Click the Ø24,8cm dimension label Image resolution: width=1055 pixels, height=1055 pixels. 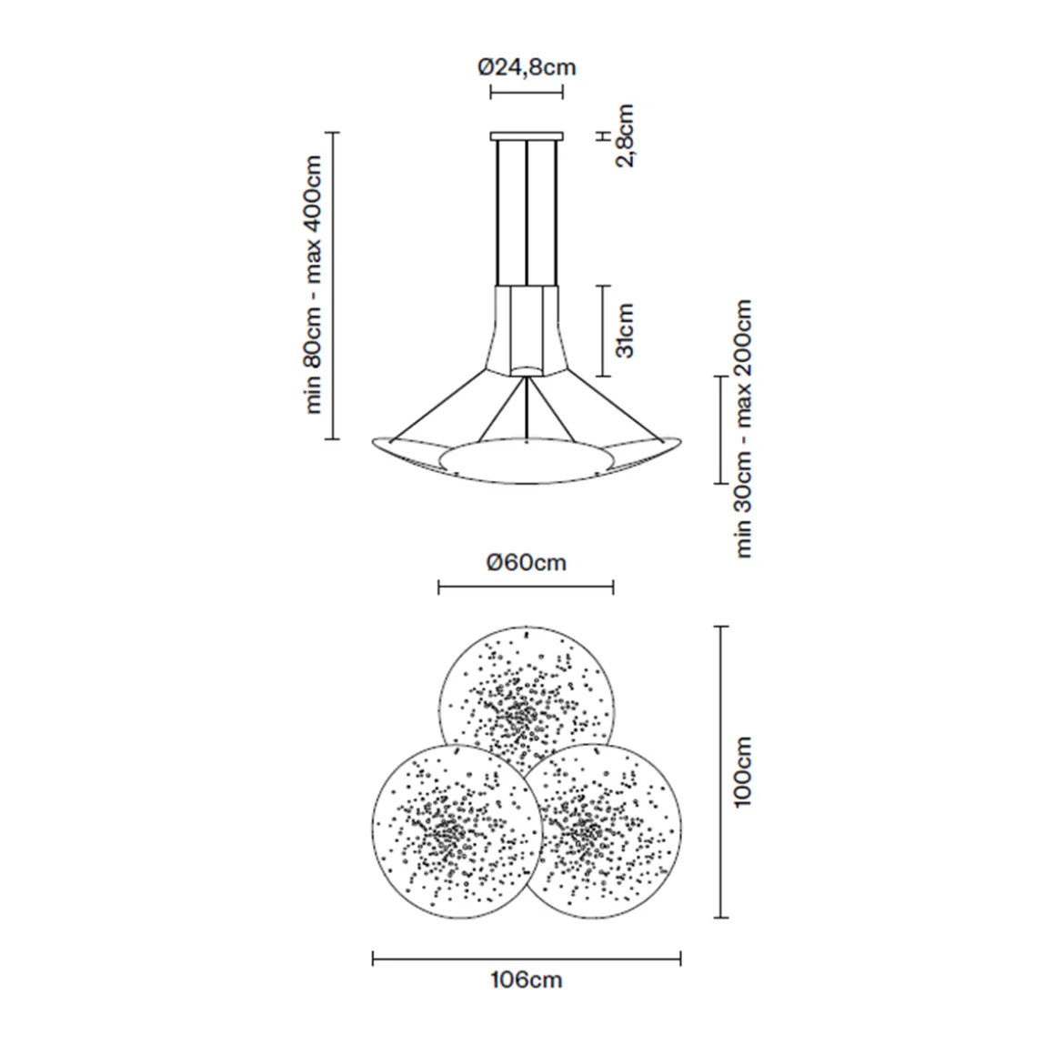pos(527,67)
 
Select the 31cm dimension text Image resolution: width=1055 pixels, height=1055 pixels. pos(625,330)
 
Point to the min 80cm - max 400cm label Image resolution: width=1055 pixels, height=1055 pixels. pos(314,286)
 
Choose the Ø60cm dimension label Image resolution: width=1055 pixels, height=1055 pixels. pos(526,563)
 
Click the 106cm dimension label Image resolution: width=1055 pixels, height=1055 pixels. pos(526,980)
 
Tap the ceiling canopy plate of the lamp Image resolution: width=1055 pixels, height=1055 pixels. pos(527,136)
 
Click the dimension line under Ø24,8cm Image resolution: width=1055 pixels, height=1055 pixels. pos(527,91)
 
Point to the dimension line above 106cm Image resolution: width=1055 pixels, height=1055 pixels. pos(527,957)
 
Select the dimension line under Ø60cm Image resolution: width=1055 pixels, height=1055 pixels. pos(526,588)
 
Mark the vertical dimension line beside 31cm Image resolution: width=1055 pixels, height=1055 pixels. pos(602,330)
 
